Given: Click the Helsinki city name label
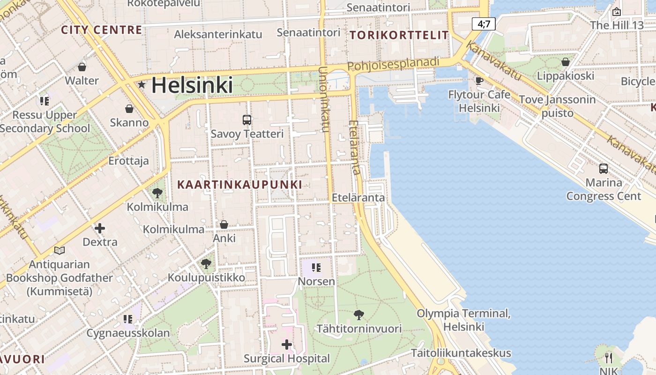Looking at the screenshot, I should (192, 85).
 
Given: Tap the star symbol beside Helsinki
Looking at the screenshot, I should (141, 85).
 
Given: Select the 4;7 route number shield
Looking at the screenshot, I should (484, 23).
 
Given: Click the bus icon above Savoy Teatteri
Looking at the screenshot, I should (247, 120).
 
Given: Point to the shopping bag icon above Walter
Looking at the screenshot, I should (82, 67).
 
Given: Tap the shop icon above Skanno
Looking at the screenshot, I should (129, 109).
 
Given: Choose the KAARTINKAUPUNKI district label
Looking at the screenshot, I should (239, 185).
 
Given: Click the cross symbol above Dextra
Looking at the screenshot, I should (99, 228).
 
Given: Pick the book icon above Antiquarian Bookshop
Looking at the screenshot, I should (60, 250).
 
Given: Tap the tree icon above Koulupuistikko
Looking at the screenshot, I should (206, 264).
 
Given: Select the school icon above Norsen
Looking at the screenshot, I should (316, 268).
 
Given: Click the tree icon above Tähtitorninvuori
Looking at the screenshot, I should (359, 315).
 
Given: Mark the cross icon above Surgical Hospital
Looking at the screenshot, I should (287, 345).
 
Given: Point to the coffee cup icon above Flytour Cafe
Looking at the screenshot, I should (479, 81).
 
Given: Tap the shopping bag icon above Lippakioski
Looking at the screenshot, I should (566, 62).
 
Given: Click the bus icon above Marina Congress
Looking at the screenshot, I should (604, 168).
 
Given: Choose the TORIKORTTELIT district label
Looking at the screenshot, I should (399, 35).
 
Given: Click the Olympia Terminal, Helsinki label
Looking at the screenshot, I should (463, 320).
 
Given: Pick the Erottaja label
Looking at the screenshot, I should (128, 161).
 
